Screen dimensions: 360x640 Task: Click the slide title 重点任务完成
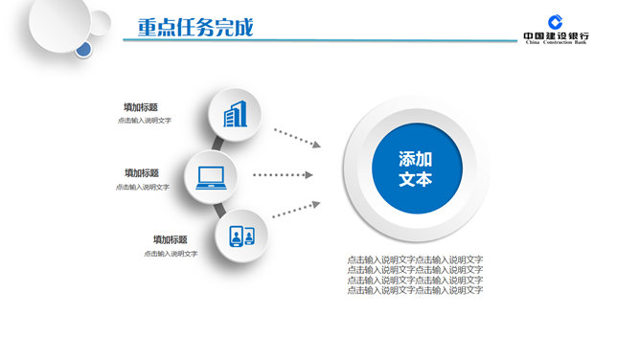pos(194,27)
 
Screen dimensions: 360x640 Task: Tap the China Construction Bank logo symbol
pos(556,22)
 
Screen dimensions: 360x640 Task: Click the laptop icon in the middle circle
pos(211,176)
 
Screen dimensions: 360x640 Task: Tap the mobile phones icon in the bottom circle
pos(241,236)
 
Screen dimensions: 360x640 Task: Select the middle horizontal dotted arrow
pos(283,175)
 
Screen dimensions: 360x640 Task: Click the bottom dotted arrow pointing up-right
pos(296,211)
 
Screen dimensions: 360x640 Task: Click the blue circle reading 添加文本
pos(416,169)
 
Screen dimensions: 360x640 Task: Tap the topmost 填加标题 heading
pos(141,107)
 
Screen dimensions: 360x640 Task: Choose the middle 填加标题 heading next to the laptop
pos(141,173)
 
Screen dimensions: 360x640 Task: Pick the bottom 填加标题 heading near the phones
pos(170,239)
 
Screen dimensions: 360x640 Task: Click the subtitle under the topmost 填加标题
pos(144,121)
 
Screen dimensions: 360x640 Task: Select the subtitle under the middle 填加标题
pos(143,187)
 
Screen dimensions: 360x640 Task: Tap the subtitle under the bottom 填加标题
pos(171,254)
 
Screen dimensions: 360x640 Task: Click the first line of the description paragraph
pos(415,259)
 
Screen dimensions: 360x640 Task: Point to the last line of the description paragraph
pos(415,290)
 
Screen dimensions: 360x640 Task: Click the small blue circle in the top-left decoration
pos(84,48)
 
